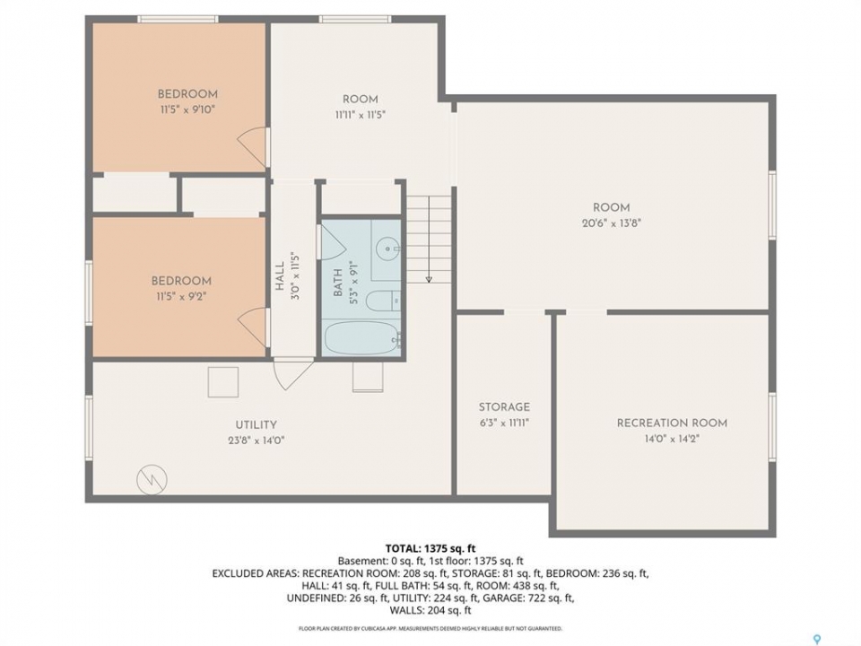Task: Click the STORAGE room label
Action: (x=504, y=407)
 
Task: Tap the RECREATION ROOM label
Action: (x=672, y=423)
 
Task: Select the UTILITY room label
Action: (x=256, y=424)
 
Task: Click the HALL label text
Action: (x=280, y=276)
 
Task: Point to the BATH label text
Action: (x=338, y=283)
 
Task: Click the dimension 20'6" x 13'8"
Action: (x=612, y=223)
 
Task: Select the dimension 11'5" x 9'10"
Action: (x=187, y=109)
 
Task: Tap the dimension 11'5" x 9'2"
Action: (x=181, y=297)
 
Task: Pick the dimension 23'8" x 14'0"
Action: (x=256, y=441)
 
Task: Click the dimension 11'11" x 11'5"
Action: (x=361, y=116)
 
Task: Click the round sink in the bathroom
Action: (x=387, y=249)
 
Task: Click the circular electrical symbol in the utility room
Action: (x=152, y=479)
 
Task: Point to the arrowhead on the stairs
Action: (x=429, y=279)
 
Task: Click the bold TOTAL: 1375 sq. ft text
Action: (x=430, y=548)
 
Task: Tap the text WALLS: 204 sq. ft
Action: (x=430, y=610)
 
